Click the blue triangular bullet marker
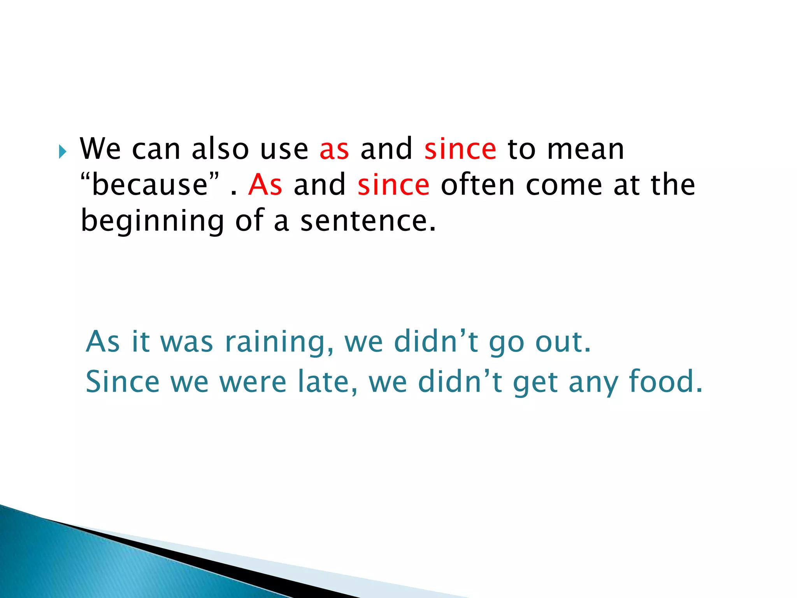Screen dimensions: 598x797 tap(63, 151)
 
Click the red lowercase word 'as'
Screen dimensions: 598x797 tap(334, 150)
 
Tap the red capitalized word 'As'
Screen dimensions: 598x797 tap(265, 185)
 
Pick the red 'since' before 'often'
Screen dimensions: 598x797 tap(393, 185)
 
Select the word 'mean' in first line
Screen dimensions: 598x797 tap(585, 150)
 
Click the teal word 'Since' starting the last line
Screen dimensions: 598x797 tap(123, 382)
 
